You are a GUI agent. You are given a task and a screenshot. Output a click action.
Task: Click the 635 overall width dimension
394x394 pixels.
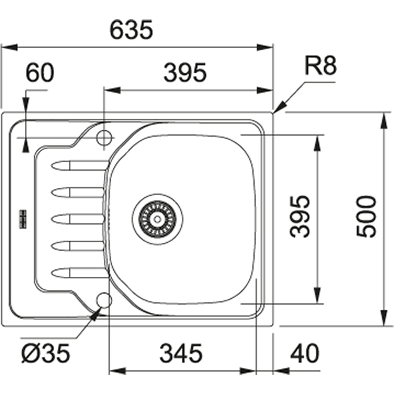[131, 31]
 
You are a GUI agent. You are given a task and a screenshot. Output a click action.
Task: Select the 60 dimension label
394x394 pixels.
[39, 73]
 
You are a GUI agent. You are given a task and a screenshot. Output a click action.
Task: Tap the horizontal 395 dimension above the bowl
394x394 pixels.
[186, 73]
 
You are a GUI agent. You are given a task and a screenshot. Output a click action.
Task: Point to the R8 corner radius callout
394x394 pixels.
[321, 67]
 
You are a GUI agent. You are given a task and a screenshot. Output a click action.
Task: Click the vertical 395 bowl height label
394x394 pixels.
[301, 216]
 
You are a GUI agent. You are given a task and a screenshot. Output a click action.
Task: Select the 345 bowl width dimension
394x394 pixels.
[181, 353]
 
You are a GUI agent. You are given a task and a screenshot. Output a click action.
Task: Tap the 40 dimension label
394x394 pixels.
[304, 353]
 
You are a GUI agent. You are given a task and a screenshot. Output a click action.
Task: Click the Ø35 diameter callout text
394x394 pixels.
[46, 353]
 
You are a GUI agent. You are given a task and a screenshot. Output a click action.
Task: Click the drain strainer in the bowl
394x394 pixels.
[158, 218]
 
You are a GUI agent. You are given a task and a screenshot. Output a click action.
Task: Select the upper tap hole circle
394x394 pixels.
[104, 137]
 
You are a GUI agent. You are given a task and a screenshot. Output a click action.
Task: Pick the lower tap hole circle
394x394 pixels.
[104, 300]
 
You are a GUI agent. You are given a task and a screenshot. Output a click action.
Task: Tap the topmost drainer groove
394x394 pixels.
[78, 165]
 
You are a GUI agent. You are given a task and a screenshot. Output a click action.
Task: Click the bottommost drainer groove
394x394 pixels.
[78, 274]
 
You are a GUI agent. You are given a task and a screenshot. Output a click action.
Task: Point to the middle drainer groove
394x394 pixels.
[78, 219]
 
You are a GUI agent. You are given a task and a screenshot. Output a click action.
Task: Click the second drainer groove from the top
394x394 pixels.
[78, 192]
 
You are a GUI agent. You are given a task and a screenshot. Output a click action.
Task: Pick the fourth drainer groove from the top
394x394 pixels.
[78, 246]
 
